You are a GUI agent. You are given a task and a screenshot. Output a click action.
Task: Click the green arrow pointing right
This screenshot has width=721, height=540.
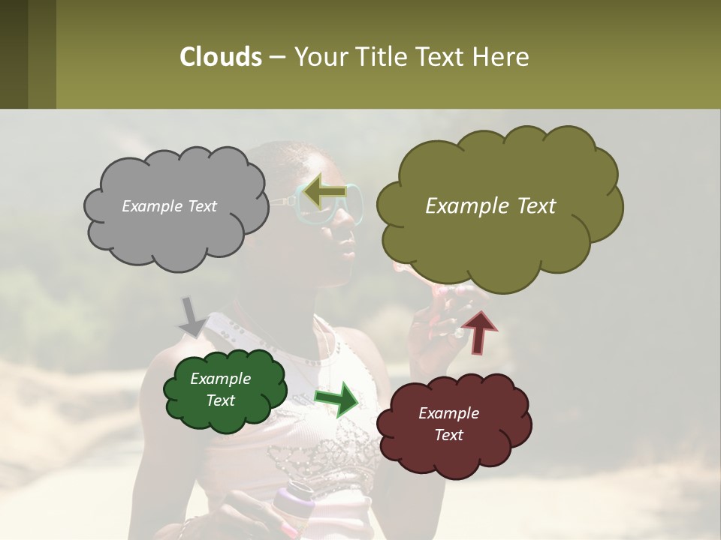[x=337, y=399]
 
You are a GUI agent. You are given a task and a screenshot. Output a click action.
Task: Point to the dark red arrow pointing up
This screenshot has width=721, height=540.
[x=479, y=331]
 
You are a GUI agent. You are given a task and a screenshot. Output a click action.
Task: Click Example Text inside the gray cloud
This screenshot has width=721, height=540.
[x=169, y=206]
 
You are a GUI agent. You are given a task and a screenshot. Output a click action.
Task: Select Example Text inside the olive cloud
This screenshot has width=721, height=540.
[x=490, y=206]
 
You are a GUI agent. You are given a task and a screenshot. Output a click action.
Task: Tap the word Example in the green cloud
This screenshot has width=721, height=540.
[x=220, y=379]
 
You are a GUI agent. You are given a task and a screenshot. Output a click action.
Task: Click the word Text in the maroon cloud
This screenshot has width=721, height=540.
[x=448, y=435]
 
